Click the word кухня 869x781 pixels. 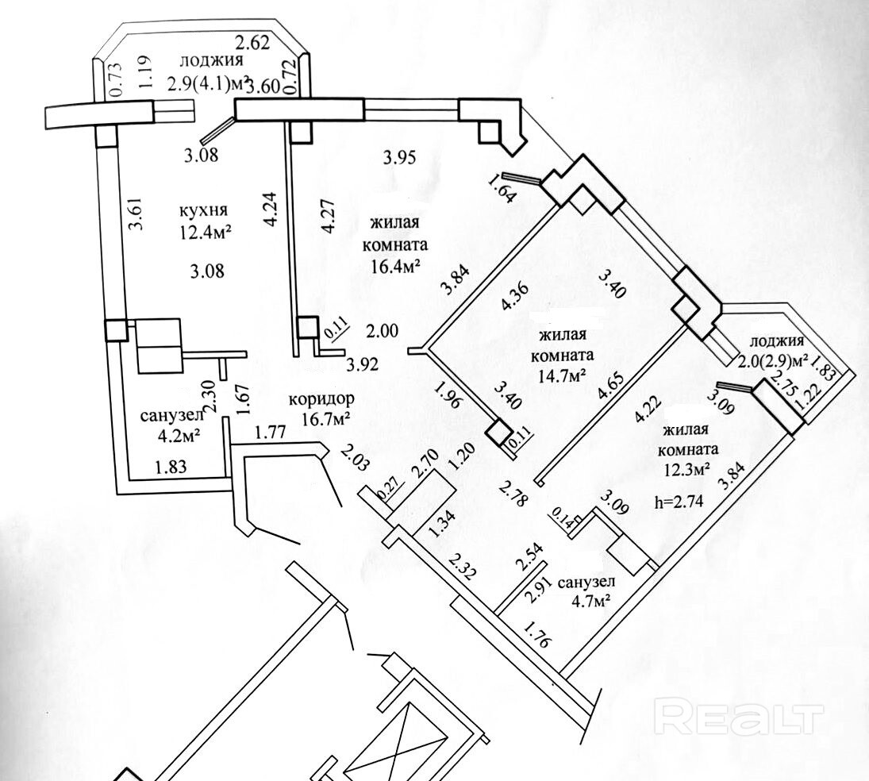point(204,211)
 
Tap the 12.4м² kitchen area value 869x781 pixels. point(204,232)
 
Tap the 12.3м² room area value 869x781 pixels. point(683,468)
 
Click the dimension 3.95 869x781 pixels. point(399,157)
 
